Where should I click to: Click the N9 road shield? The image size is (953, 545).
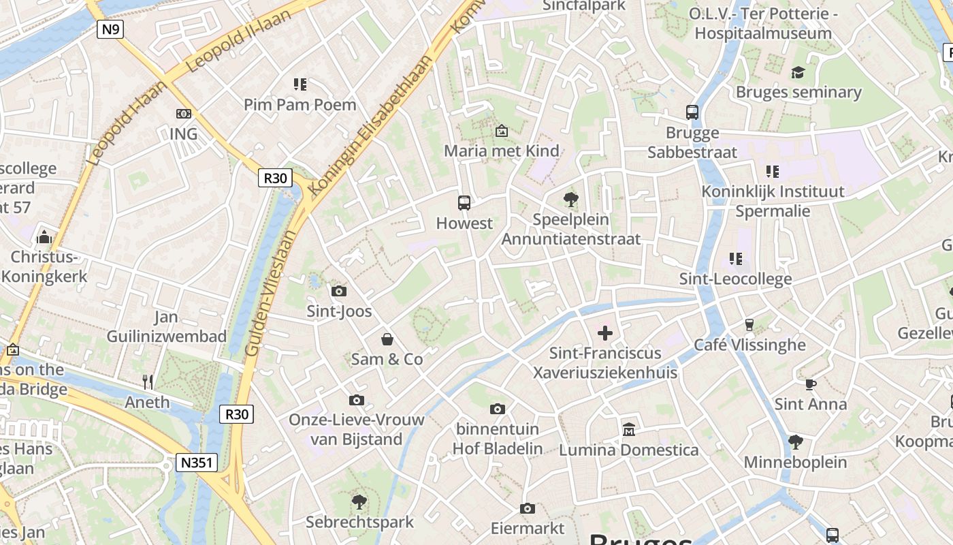tap(110, 29)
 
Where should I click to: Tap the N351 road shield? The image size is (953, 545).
tap(197, 463)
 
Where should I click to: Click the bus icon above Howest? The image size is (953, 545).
tap(464, 202)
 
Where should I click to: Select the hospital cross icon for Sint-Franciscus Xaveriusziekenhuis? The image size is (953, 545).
tap(604, 332)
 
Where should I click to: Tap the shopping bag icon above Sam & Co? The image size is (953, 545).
tap(387, 339)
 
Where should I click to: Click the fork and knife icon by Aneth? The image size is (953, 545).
tap(148, 382)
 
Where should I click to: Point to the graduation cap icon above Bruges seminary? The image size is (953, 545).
tap(798, 72)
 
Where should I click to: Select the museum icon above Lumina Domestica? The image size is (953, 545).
tap(628, 430)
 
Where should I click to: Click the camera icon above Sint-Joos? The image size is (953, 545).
tap(338, 292)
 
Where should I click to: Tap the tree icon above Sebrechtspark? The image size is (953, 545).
tap(359, 503)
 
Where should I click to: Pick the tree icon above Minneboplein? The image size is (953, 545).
tap(794, 442)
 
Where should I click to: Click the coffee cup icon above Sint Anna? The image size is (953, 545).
tap(810, 384)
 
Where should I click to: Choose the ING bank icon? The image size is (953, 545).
tap(183, 114)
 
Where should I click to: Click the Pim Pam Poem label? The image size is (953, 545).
tap(300, 104)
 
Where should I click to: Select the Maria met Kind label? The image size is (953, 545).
tap(502, 151)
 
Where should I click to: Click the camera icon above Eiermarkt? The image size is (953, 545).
tap(527, 508)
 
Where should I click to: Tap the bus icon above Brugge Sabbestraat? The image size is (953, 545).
tap(692, 112)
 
